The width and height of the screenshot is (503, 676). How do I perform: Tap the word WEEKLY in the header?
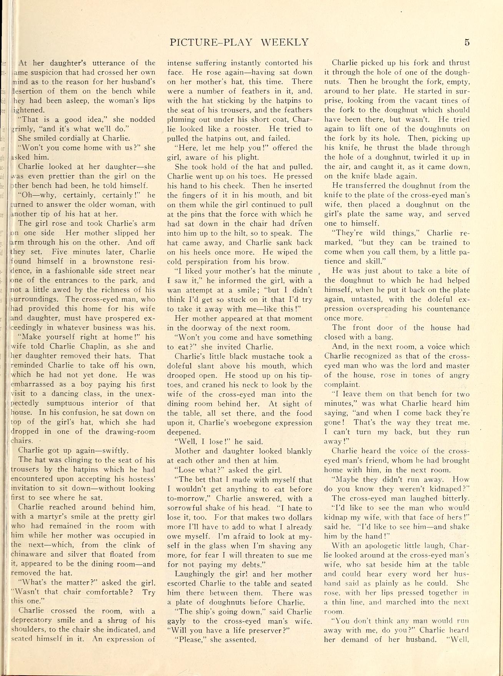pos(285,42)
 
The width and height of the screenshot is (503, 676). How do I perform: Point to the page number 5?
pos(467,42)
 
